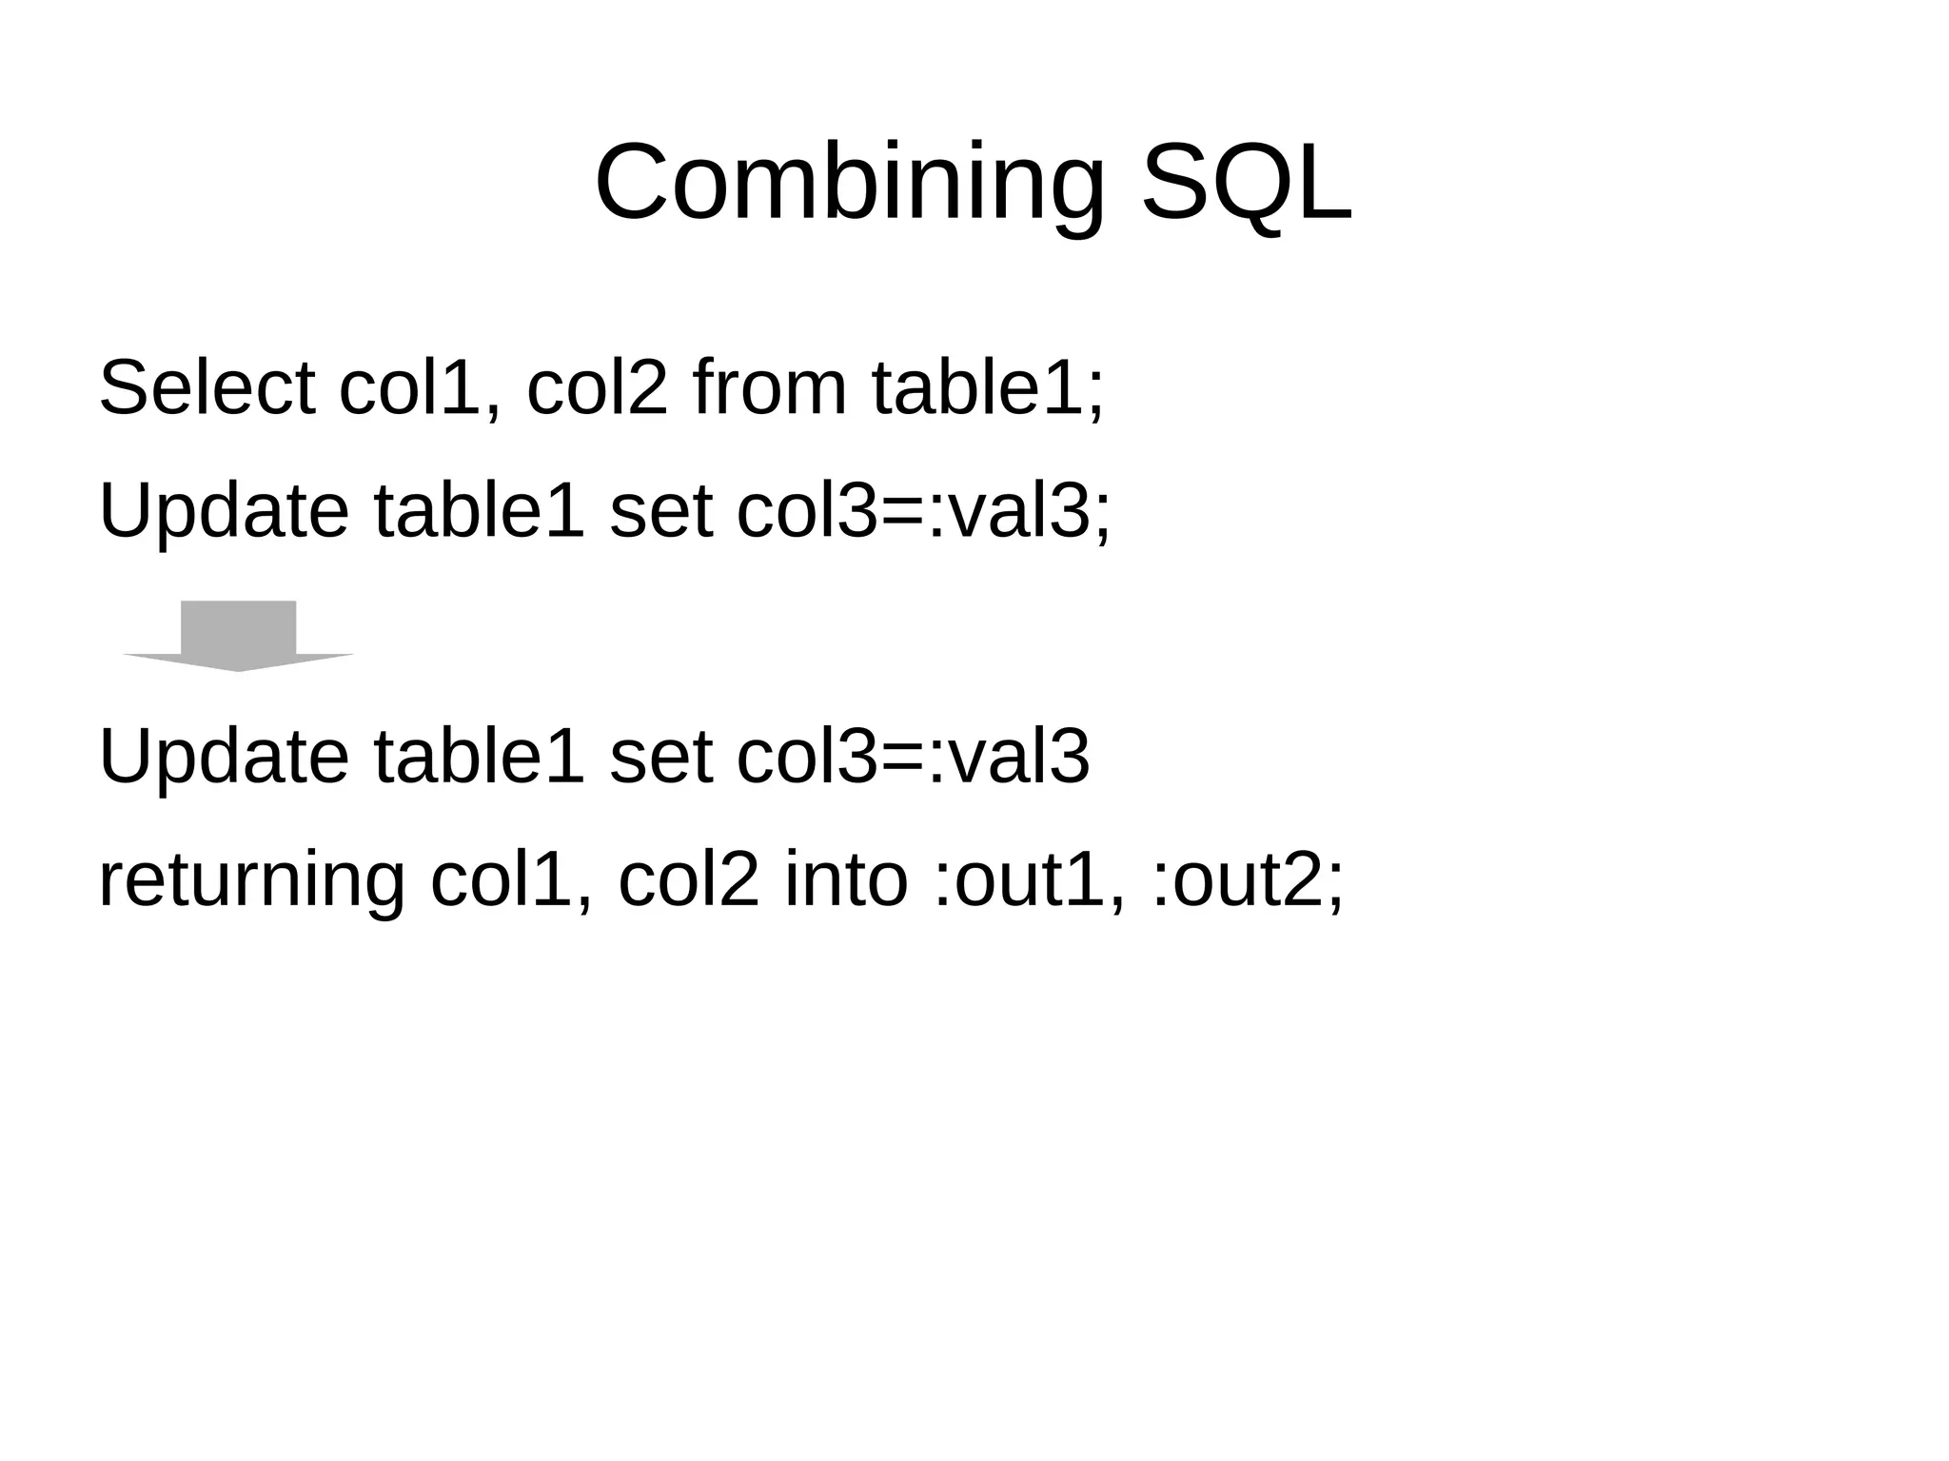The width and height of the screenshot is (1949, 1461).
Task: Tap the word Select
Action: click(x=207, y=387)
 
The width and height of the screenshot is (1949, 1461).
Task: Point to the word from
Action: click(x=769, y=387)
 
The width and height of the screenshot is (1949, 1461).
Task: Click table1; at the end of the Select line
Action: click(x=988, y=387)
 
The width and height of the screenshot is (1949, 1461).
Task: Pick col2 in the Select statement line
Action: click(x=598, y=387)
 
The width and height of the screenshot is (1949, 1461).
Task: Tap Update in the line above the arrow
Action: click(x=224, y=511)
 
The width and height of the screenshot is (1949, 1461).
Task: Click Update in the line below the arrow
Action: click(x=224, y=757)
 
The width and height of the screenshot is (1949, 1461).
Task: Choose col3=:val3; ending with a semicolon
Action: click(x=923, y=511)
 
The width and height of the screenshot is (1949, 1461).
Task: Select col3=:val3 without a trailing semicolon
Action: click(x=913, y=757)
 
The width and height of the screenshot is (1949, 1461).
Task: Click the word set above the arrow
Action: click(x=660, y=511)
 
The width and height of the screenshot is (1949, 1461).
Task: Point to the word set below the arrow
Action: click(x=660, y=757)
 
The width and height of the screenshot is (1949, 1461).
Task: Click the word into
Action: click(x=846, y=880)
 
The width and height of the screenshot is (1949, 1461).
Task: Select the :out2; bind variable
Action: click(x=1247, y=880)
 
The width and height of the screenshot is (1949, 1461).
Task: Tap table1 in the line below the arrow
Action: click(x=479, y=757)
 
